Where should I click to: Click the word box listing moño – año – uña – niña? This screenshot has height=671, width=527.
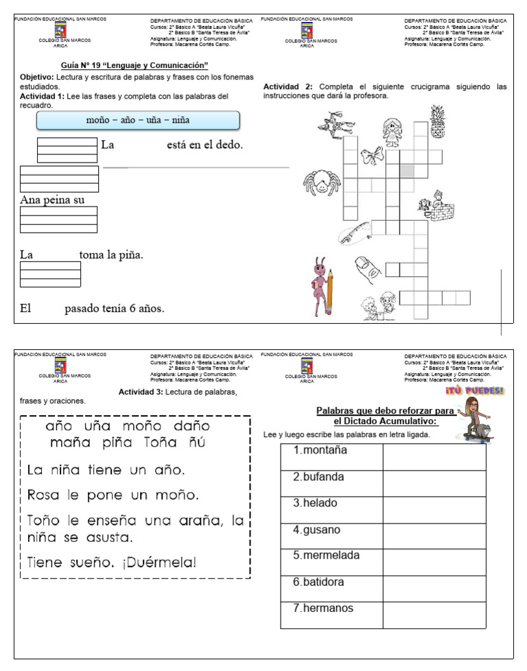tap(138, 121)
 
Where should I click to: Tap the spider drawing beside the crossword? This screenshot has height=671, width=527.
tap(321, 184)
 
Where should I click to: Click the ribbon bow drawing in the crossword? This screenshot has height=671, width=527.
tap(372, 154)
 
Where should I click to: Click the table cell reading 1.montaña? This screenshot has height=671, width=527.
tap(331, 451)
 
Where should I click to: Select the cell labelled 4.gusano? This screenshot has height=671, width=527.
tap(331, 530)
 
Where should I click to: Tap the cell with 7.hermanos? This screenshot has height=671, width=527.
tap(331, 609)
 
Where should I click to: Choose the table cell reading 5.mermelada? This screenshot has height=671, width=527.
tap(331, 556)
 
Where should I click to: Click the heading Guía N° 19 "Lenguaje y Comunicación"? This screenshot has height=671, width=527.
tap(134, 65)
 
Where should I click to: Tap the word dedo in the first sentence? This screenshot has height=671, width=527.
tap(227, 145)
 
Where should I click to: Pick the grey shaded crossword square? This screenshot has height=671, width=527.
tap(407, 170)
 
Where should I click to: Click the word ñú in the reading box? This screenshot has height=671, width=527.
tap(198, 443)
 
